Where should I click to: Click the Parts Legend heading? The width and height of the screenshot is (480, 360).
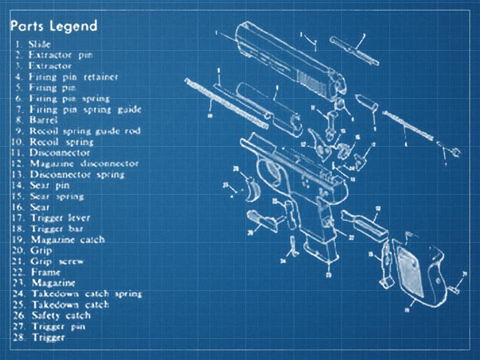click(54, 25)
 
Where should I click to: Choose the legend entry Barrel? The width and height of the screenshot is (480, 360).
click(44, 120)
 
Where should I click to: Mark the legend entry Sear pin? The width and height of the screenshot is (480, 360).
click(50, 186)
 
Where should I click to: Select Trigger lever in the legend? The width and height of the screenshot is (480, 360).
click(60, 218)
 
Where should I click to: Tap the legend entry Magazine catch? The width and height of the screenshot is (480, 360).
click(67, 239)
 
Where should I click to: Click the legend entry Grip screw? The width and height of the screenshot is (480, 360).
click(58, 262)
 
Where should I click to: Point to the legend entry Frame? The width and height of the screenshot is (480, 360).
click(45, 272)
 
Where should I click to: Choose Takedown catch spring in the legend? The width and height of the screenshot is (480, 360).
click(86, 294)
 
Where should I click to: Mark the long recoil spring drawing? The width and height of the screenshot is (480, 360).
click(226, 102)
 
